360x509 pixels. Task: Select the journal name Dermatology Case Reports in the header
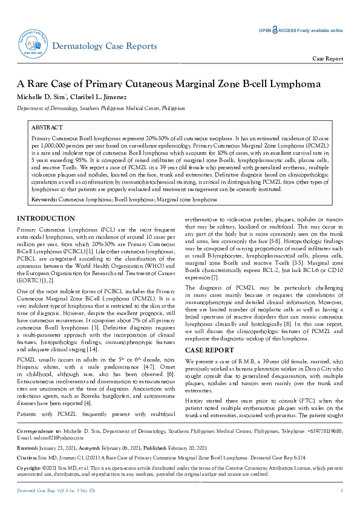pyautogui.click(x=105, y=47)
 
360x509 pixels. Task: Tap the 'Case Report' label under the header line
pyautogui.click(x=327, y=59)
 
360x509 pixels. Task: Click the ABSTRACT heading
pyautogui.click(x=47, y=128)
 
